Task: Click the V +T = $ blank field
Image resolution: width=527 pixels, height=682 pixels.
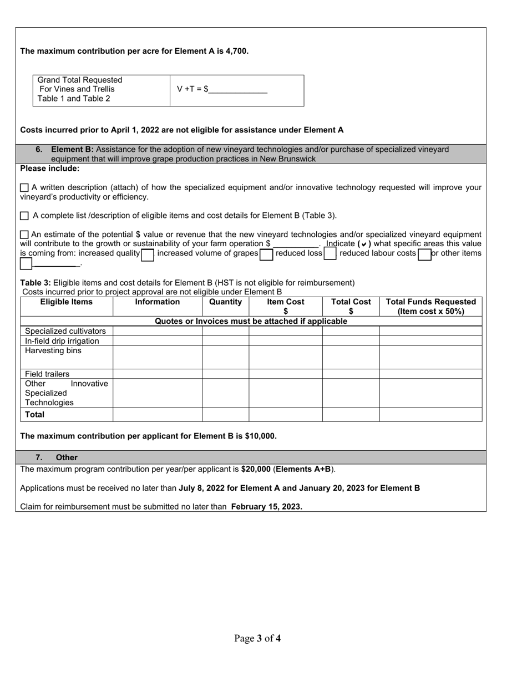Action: click(x=237, y=90)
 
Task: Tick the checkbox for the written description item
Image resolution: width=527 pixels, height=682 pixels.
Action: click(x=24, y=188)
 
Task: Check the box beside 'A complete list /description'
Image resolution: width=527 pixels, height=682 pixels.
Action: click(x=24, y=216)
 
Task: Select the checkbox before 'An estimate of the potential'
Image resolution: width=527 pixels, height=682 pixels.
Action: click(x=24, y=235)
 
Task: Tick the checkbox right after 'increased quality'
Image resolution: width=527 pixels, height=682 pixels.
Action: click(x=148, y=255)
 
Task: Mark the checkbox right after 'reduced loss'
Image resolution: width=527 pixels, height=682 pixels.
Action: click(x=330, y=255)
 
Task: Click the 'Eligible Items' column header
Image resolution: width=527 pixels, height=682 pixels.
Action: click(x=67, y=302)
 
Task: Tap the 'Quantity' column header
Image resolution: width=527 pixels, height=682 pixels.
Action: click(x=225, y=302)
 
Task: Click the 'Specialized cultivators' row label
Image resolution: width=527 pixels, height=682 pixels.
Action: click(x=65, y=331)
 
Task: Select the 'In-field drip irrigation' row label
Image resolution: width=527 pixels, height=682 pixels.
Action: click(x=62, y=341)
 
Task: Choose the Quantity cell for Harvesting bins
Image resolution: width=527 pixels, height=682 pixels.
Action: click(x=225, y=357)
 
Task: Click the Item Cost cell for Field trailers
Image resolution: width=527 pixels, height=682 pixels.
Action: click(x=285, y=374)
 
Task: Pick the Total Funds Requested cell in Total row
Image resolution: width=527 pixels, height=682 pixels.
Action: click(x=430, y=415)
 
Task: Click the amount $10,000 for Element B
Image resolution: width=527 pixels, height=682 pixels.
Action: click(x=260, y=436)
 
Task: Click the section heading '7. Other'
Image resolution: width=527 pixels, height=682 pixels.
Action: click(x=57, y=458)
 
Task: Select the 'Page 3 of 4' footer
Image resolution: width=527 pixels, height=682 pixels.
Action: click(x=257, y=639)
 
